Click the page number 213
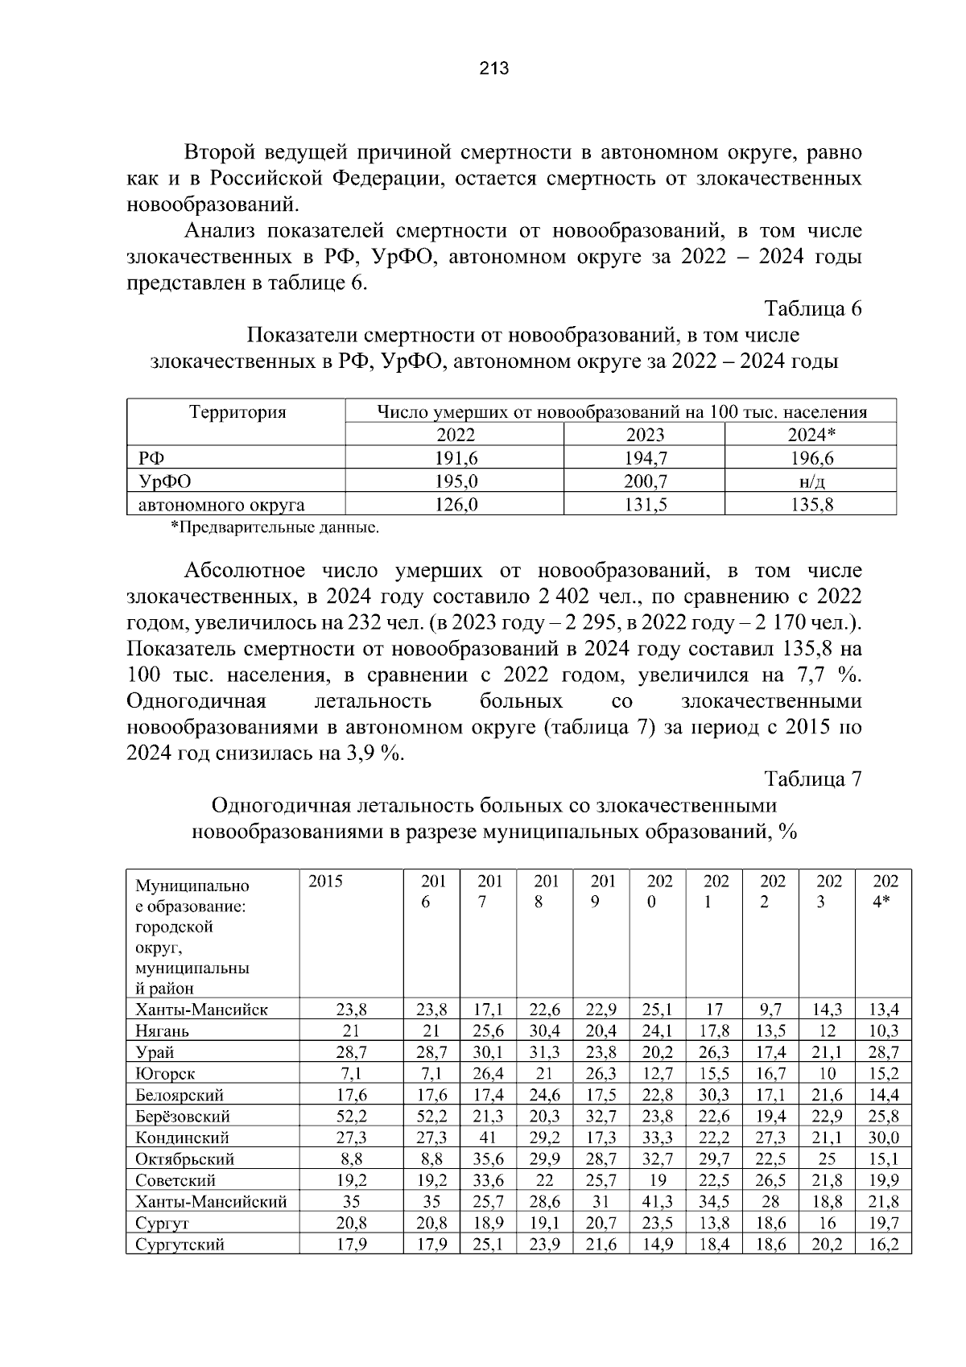pyautogui.click(x=493, y=68)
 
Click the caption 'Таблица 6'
pyautogui.click(x=813, y=309)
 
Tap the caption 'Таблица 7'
pyautogui.click(x=813, y=779)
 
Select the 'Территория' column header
pyautogui.click(x=237, y=412)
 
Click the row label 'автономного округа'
pyautogui.click(x=221, y=505)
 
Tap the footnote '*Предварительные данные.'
pyautogui.click(x=274, y=528)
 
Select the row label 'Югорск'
pyautogui.click(x=165, y=1073)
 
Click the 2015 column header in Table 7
pyautogui.click(x=325, y=881)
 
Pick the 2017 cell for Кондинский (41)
pyautogui.click(x=488, y=1138)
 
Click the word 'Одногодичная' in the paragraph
pyautogui.click(x=196, y=701)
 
